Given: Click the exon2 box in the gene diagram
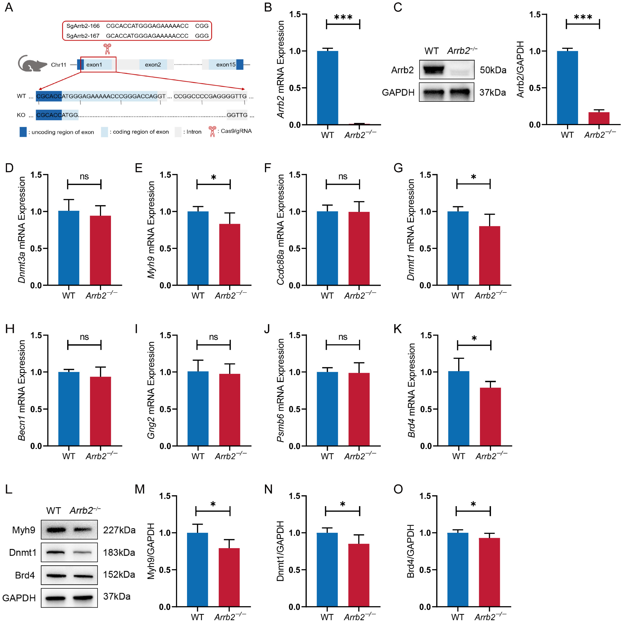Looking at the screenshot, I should pos(153,64).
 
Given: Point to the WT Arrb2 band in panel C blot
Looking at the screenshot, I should pos(431,69).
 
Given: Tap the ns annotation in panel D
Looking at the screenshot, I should pos(84,176).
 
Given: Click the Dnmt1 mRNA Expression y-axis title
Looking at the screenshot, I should pos(411,230).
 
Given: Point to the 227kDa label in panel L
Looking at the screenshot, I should pos(119,530).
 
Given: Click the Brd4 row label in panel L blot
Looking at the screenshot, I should pos(25,575).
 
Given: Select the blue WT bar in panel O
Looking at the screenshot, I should pos(458,569).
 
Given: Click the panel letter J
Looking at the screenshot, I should pos(267,329).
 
